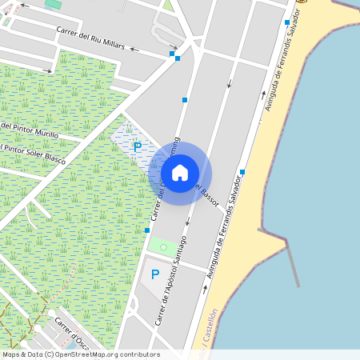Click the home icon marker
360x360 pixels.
[180, 173]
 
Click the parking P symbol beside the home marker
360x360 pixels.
[137, 147]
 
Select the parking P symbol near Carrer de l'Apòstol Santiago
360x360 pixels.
[155, 274]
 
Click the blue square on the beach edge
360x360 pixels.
[242, 172]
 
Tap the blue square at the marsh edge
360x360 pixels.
[147, 230]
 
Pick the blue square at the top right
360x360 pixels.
[286, 22]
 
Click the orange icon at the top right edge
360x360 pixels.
[302, 2]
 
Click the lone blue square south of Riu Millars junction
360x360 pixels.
[185, 100]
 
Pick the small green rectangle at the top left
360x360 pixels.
[54, 5]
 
